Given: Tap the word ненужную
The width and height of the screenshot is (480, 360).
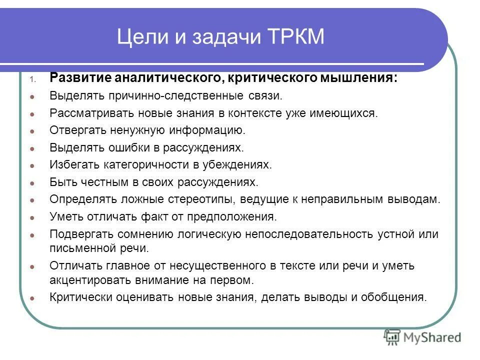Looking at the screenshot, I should (x=134, y=131).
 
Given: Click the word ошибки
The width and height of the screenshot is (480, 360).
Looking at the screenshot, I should (x=130, y=148).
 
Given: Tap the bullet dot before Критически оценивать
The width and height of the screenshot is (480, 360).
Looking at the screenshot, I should (x=31, y=298).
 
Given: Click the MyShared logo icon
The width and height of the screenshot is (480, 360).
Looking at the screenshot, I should (x=392, y=338).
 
